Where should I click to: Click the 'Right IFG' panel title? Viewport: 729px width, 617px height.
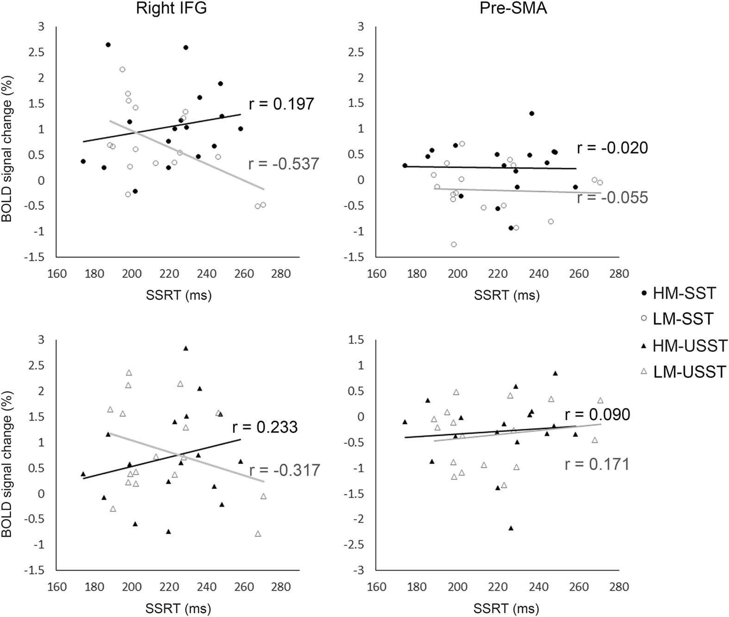pyautogui.click(x=171, y=9)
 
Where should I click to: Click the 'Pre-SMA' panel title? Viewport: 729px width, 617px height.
pyautogui.click(x=513, y=9)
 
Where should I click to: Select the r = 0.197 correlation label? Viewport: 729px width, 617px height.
pyautogui.click(x=281, y=104)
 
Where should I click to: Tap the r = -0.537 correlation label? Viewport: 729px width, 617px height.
pyautogui.click(x=284, y=164)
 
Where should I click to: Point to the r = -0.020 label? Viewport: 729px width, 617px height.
pyautogui.click(x=612, y=148)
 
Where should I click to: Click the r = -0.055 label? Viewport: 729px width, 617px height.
pyautogui.click(x=612, y=198)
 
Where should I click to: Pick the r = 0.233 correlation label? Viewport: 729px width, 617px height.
pyautogui.click(x=265, y=427)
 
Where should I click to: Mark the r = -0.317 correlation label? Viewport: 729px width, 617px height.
pyautogui.click(x=284, y=470)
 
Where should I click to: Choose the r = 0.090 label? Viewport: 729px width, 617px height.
pyautogui.click(x=597, y=415)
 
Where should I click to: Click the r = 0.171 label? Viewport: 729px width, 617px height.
pyautogui.click(x=597, y=464)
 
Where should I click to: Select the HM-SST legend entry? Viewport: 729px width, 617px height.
pyautogui.click(x=684, y=293)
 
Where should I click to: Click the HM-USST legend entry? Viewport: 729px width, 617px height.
pyautogui.click(x=690, y=346)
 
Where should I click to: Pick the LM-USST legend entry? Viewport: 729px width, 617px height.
pyautogui.click(x=689, y=372)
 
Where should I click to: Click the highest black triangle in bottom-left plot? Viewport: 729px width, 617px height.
pyautogui.click(x=186, y=348)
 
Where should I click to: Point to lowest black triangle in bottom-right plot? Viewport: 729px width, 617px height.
pyautogui.click(x=511, y=528)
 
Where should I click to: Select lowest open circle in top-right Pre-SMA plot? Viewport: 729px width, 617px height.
pyautogui.click(x=454, y=245)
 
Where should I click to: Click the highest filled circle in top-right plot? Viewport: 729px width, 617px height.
pyautogui.click(x=532, y=113)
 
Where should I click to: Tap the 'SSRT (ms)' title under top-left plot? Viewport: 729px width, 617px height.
pyautogui.click(x=179, y=295)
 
